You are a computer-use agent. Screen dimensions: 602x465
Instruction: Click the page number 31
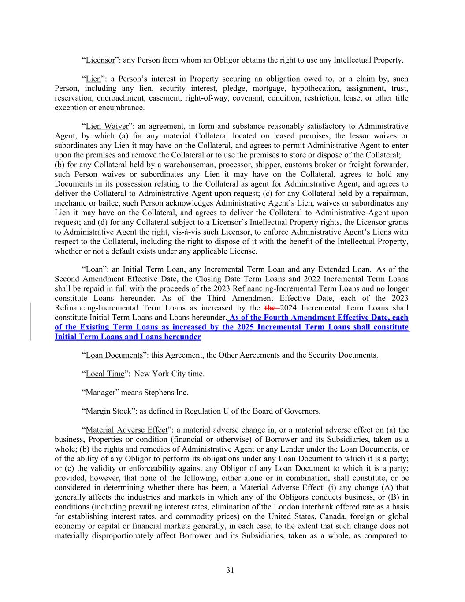[230, 570]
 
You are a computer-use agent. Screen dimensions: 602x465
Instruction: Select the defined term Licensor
[100, 60]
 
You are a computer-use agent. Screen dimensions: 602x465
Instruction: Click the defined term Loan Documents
[114, 355]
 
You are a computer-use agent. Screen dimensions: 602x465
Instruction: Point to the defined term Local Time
[105, 374]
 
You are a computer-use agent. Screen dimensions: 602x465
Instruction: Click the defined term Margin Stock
[108, 411]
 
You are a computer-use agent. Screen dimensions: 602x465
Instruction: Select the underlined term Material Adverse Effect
[126, 430]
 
